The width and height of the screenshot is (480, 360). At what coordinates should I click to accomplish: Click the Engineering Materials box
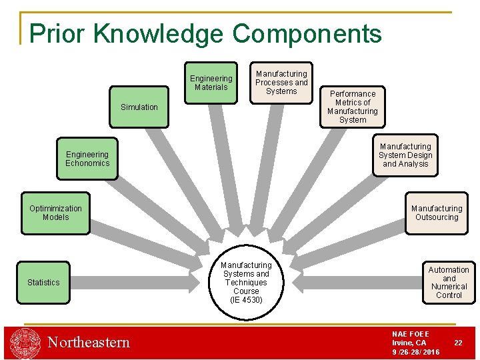tap(211, 83)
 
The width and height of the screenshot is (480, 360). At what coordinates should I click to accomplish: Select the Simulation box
tap(139, 107)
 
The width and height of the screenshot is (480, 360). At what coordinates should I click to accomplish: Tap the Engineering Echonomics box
tap(87, 159)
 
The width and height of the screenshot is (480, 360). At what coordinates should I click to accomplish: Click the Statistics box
tap(43, 283)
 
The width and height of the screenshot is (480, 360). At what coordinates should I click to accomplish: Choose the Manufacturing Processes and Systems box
tap(281, 83)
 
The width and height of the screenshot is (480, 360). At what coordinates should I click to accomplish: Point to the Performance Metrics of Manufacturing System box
tap(353, 107)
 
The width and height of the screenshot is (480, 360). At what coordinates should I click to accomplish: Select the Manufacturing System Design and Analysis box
tap(405, 155)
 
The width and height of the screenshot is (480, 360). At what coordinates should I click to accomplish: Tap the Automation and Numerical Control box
tap(449, 283)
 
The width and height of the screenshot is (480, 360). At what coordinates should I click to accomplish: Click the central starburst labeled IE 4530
tap(246, 283)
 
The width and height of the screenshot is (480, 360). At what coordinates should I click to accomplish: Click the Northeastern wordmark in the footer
tap(89, 343)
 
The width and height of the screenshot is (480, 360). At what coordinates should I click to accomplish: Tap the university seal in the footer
tap(25, 343)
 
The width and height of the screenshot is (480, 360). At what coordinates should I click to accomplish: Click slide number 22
tap(458, 343)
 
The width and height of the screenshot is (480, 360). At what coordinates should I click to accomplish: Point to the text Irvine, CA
tap(409, 343)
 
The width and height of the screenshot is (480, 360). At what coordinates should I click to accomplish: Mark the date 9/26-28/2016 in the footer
tap(415, 352)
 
